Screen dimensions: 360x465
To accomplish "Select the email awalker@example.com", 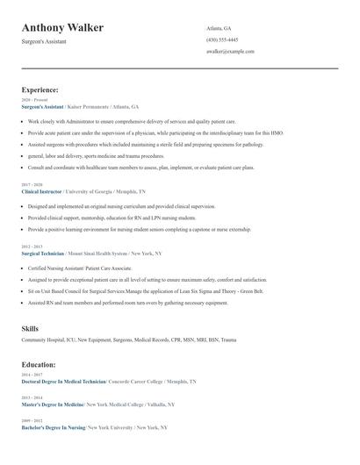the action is pyautogui.click(x=230, y=52).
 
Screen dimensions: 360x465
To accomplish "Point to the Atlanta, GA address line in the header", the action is pyautogui.click(x=220, y=28).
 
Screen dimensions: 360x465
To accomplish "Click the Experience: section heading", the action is pyautogui.click(x=40, y=89).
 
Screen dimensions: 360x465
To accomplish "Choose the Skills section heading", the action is pyautogui.click(x=30, y=328).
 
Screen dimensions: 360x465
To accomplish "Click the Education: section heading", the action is pyautogui.click(x=39, y=364).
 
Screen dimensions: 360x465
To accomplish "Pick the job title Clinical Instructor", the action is pyautogui.click(x=40, y=190).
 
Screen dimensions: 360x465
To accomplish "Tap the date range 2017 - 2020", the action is pyautogui.click(x=31, y=184).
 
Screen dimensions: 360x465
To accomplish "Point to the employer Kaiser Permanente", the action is pyautogui.click(x=88, y=106).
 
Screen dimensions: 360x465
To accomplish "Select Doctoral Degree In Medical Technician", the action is pyautogui.click(x=62, y=382).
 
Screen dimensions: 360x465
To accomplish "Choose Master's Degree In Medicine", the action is pyautogui.click(x=53, y=404).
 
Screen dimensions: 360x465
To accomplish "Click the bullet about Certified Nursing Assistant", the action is pyautogui.click(x=79, y=268).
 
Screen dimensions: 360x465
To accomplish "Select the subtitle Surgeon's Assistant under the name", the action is pyautogui.click(x=43, y=42).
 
